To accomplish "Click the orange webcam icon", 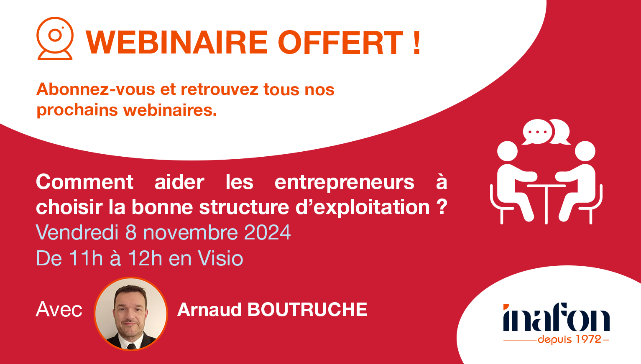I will click(x=55, y=38).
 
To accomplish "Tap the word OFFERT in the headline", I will click(x=340, y=43).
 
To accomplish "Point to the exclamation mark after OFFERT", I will click(x=416, y=43).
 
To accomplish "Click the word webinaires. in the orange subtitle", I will click(x=170, y=110).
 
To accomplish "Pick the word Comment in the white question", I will click(x=84, y=182).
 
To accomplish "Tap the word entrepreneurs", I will click(x=344, y=182).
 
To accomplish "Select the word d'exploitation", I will click(x=363, y=207).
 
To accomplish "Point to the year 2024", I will click(x=267, y=233).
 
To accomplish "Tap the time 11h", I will click(x=86, y=258).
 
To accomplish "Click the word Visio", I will click(x=220, y=258).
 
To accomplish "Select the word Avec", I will click(x=59, y=310).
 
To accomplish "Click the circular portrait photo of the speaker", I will click(x=131, y=313).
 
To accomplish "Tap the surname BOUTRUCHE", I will click(x=307, y=310).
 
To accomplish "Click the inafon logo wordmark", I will click(x=556, y=318).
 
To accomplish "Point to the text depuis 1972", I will click(x=569, y=339).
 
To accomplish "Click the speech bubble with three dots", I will click(x=538, y=132).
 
